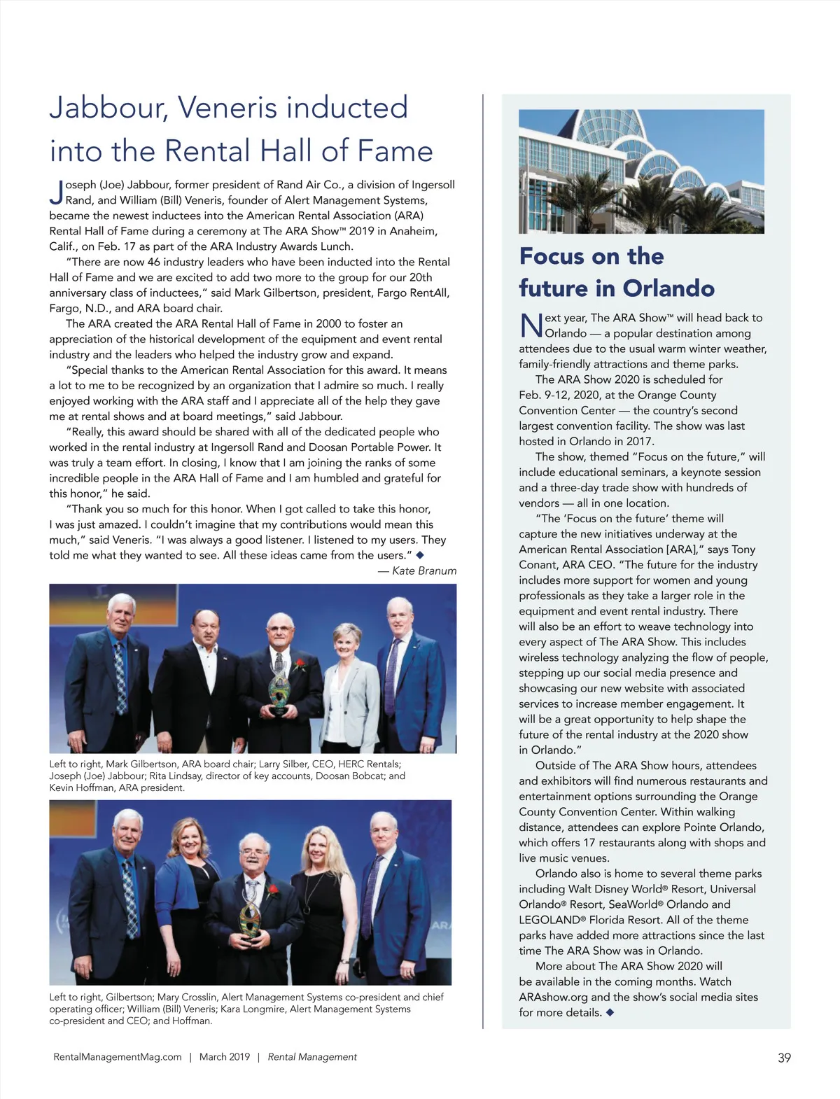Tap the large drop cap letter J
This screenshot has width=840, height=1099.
point(57,192)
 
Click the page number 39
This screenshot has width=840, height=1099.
point(784,1058)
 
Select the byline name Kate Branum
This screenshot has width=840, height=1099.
point(424,570)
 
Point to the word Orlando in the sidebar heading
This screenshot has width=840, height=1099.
point(668,288)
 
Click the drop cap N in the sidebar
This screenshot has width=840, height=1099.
point(531,325)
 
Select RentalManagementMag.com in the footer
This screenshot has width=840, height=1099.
point(118,1057)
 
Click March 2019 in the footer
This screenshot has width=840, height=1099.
point(225,1057)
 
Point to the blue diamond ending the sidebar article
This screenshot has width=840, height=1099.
point(610,1012)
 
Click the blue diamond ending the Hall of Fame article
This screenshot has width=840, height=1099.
point(420,555)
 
